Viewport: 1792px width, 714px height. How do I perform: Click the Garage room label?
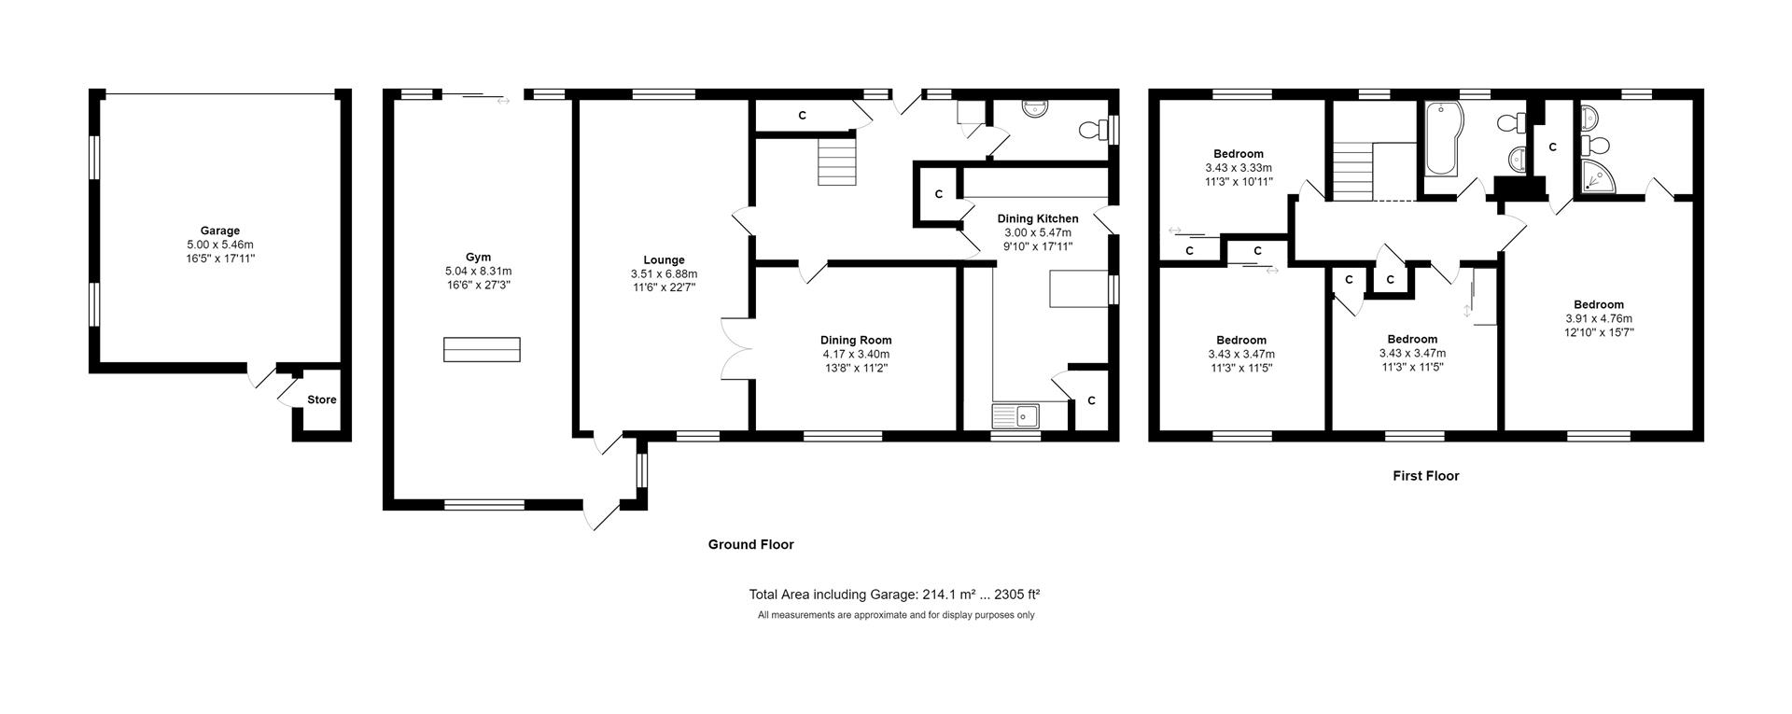tap(220, 231)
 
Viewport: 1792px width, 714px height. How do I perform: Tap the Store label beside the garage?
tap(322, 399)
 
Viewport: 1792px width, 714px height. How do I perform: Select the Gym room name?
tap(478, 258)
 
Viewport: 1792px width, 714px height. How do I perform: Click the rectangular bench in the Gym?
tap(482, 349)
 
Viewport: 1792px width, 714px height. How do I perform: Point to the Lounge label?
tap(664, 260)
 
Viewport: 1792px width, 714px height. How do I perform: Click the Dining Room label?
tap(856, 341)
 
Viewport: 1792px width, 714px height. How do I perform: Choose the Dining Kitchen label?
tap(1037, 219)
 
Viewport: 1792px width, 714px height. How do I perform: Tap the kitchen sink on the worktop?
tap(1017, 414)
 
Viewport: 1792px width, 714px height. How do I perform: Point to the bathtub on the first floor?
tap(1443, 140)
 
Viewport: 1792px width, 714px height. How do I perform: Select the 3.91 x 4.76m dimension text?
tap(1599, 318)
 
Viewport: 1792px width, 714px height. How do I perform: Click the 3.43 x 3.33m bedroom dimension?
tap(1239, 168)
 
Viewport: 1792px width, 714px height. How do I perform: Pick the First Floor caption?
tap(1425, 476)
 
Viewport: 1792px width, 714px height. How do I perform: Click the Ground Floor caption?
tap(750, 545)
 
